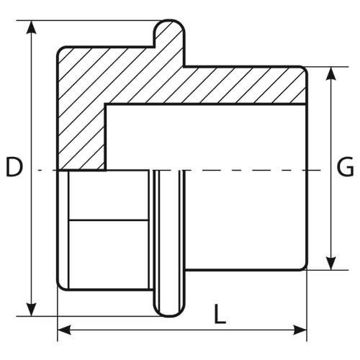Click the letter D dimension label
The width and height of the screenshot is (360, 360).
click(14, 166)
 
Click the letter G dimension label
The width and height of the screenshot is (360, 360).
click(346, 166)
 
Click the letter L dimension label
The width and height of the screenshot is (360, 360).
click(220, 314)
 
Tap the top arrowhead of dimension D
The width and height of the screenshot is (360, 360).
click(31, 27)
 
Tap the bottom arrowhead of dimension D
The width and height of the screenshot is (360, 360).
click(31, 310)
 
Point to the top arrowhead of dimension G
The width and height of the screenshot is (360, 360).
click(331, 73)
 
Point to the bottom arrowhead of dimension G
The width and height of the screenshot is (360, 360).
click(331, 264)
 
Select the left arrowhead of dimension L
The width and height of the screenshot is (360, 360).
click(64, 330)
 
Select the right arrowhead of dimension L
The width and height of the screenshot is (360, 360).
click(300, 330)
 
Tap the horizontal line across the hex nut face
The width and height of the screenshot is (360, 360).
click(108, 220)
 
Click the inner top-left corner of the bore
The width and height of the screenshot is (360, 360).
click(106, 104)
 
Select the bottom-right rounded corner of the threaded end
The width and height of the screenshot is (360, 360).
click(304, 268)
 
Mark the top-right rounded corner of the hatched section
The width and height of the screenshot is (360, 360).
click(304, 69)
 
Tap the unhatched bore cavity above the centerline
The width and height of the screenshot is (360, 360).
click(206, 138)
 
